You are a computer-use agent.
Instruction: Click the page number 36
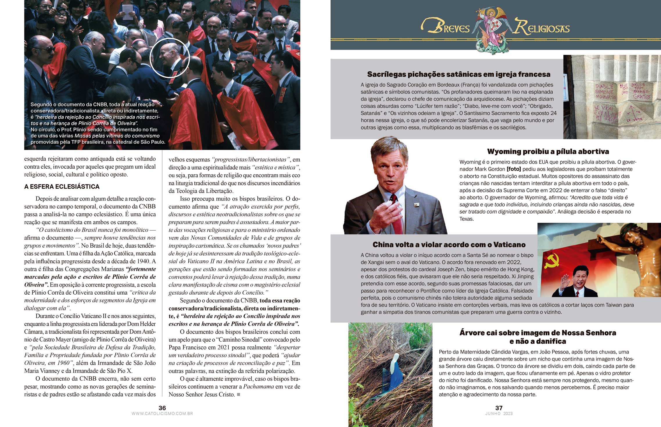click(162, 408)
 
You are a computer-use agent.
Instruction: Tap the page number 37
click(499, 408)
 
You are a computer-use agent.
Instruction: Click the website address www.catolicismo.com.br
click(162, 414)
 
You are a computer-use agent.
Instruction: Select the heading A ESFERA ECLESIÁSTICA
click(62, 187)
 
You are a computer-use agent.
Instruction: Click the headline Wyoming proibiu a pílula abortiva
click(548, 152)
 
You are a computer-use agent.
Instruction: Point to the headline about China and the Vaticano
click(449, 245)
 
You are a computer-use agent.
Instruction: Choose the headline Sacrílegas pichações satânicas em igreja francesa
click(458, 74)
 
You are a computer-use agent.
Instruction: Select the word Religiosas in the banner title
click(542, 28)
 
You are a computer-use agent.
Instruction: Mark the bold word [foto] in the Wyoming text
click(514, 169)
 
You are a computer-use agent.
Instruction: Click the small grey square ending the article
click(239, 394)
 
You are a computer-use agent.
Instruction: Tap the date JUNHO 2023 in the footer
click(499, 414)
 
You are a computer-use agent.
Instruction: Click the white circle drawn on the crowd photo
click(170, 58)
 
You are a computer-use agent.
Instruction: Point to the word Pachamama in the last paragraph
click(258, 387)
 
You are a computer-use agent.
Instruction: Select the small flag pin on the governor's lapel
click(416, 205)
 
